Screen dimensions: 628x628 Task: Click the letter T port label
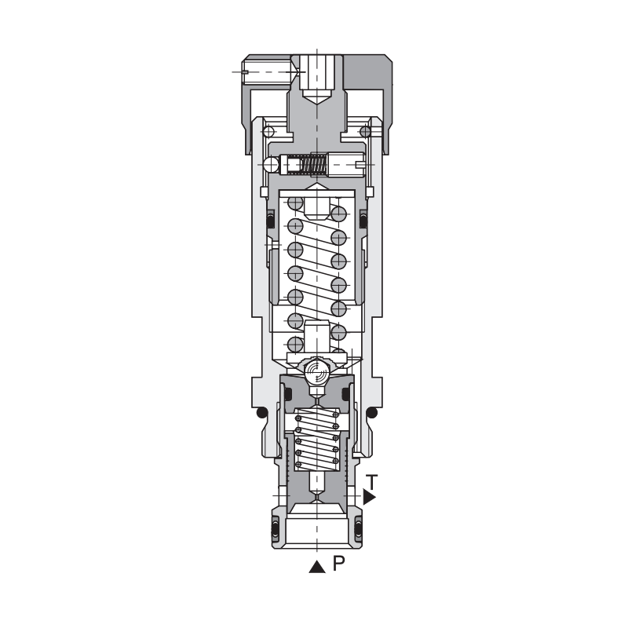(x=374, y=480)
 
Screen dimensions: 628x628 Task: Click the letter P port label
(x=338, y=564)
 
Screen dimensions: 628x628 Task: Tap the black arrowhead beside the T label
(x=370, y=497)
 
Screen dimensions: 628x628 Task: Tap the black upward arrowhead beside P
(x=316, y=567)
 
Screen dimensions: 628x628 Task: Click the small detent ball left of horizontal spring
(x=272, y=165)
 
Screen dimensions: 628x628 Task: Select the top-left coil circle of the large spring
(x=295, y=203)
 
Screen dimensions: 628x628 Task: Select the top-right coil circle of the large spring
(x=338, y=213)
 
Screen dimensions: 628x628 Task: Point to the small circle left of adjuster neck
(x=268, y=131)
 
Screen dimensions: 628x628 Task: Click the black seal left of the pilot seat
(x=287, y=392)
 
